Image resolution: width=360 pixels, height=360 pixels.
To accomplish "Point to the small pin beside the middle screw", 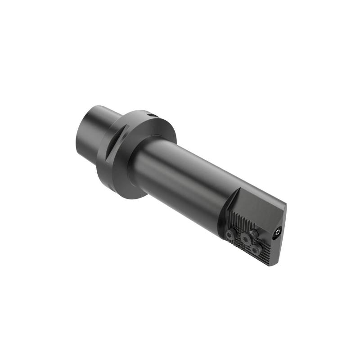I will [x=255, y=233].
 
